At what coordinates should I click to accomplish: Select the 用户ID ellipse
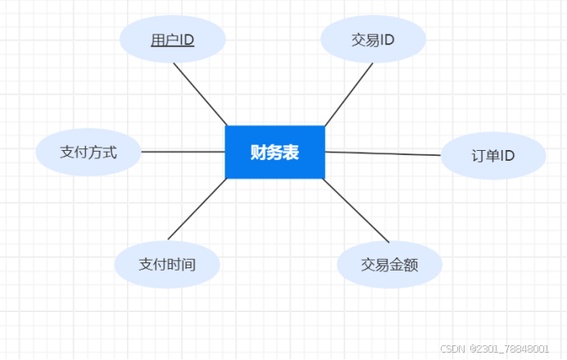point(172,39)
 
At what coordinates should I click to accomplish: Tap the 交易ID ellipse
point(373,39)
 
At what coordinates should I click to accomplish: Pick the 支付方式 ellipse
point(88,152)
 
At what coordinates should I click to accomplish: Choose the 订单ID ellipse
point(493,155)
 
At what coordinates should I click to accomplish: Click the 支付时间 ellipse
point(167,264)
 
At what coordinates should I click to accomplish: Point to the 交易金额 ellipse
point(390,264)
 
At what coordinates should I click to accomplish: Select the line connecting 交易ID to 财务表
point(349,94)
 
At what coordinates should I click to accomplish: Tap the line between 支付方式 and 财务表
point(183,152)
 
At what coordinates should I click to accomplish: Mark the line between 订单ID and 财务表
point(383,153)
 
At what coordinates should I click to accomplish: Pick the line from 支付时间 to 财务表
point(197,207)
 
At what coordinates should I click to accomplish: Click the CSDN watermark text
point(497,348)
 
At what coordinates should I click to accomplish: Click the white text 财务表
point(274,152)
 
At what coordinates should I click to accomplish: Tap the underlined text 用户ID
point(172,39)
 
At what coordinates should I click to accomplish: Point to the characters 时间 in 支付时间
point(182,264)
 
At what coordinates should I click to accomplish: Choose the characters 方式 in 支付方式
point(103,152)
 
